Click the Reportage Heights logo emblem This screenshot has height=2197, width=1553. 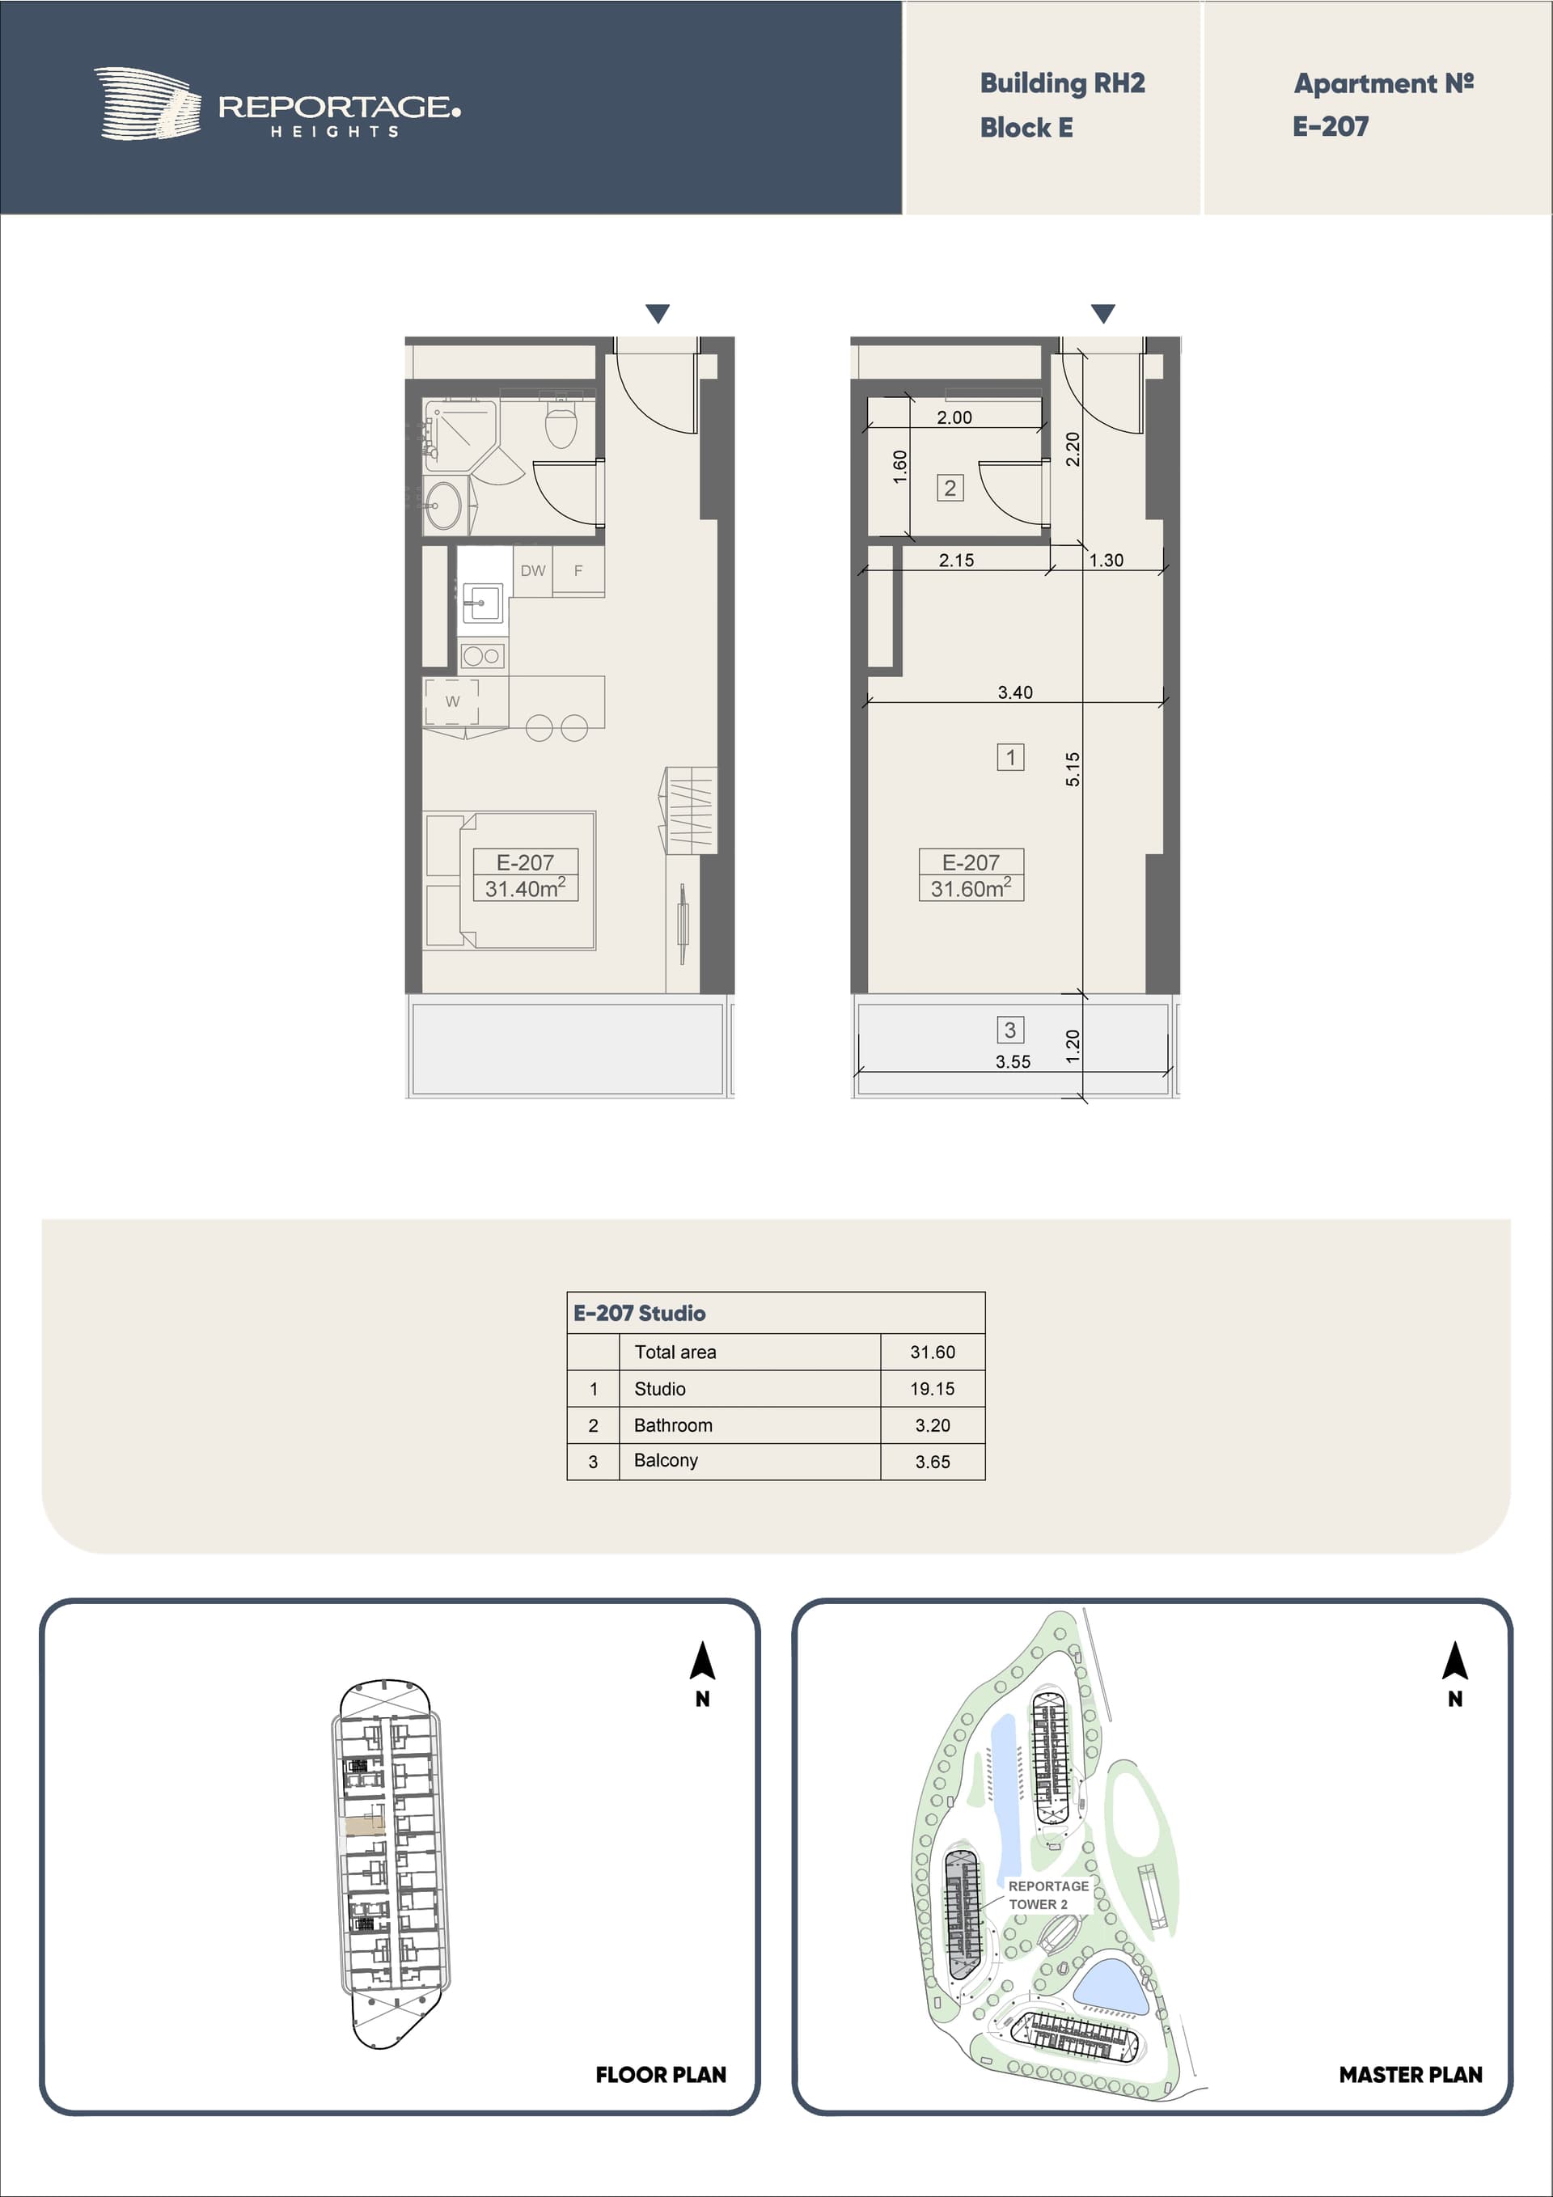(147, 104)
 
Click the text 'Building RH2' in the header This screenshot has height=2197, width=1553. (1062, 83)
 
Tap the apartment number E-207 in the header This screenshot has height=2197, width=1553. (1330, 126)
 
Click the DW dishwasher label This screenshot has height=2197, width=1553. (533, 570)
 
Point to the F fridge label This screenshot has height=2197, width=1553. (578, 570)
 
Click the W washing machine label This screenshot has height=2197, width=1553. (453, 701)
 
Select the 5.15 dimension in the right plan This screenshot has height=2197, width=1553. (1073, 769)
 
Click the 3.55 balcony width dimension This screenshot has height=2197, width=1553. (1013, 1061)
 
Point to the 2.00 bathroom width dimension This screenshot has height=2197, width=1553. (954, 417)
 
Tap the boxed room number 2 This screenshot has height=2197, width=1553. (950, 488)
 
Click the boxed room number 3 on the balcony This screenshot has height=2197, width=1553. (1010, 1030)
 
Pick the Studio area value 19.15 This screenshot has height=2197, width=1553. (932, 1388)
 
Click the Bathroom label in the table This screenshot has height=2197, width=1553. (673, 1424)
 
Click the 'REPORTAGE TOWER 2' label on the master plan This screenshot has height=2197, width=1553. (1047, 1894)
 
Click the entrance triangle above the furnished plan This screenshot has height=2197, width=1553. (658, 313)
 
